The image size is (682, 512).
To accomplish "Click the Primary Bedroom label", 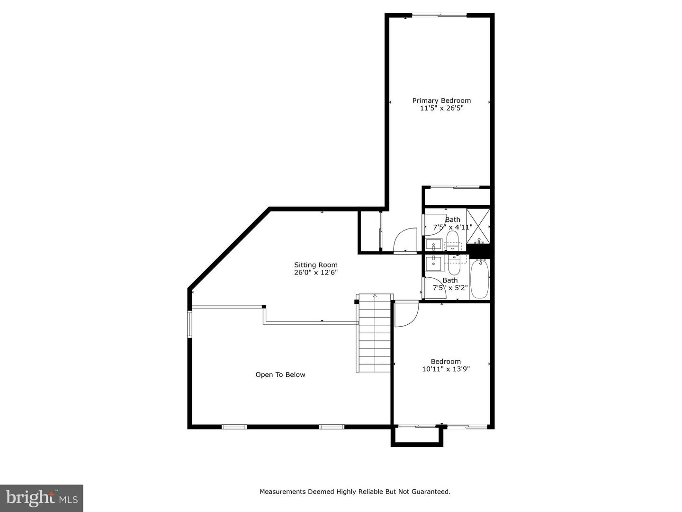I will (441, 101).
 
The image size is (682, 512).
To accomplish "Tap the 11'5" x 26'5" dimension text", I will (441, 108).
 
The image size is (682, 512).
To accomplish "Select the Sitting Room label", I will (316, 265).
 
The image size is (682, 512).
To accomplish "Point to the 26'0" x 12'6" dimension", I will (316, 273).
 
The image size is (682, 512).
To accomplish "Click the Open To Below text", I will (280, 375).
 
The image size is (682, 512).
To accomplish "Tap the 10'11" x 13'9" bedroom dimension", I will (446, 369).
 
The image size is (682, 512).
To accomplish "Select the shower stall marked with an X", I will (478, 226).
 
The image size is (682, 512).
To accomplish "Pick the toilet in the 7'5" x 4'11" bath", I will (453, 239).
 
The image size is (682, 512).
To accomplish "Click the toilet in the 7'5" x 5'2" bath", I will (454, 266).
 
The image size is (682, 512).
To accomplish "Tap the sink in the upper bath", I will (433, 246).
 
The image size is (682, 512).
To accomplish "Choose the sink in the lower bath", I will (433, 263).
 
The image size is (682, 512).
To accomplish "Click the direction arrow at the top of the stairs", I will (375, 296).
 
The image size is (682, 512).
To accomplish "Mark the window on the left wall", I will (189, 324).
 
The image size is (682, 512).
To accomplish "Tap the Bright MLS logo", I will (42, 498).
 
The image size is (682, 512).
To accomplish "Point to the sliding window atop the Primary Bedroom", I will (440, 16).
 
